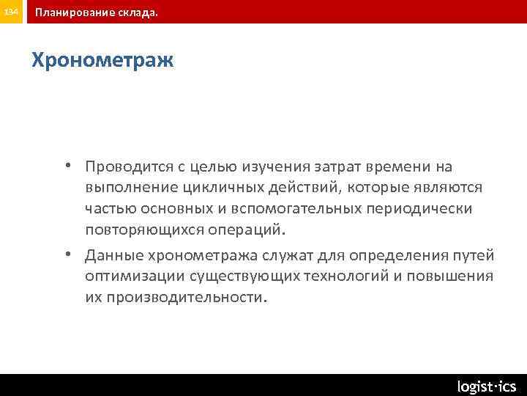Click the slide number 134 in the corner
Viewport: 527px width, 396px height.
(12, 12)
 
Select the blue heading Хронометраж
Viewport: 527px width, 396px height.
(102, 60)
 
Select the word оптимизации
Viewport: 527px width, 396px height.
(135, 276)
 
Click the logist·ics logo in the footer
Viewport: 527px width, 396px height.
(486, 386)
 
